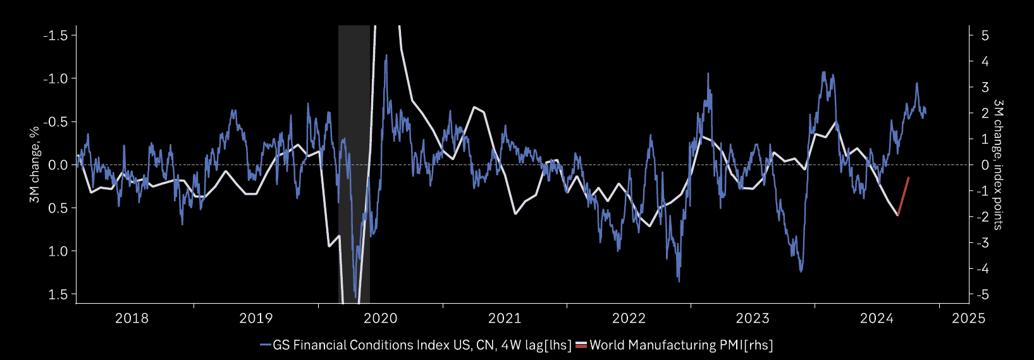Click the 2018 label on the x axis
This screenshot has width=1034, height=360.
132,318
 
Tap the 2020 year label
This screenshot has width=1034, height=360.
380,318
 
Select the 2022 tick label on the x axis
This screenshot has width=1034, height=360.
629,318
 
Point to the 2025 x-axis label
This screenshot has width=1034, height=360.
968,318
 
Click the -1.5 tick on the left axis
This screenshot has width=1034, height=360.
56,35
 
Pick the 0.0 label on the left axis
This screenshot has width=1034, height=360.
59,165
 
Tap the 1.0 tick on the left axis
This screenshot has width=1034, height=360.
59,251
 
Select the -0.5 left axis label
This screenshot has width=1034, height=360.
56,122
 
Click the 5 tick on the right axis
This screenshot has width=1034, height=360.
985,35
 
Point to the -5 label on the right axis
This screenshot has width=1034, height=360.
982,295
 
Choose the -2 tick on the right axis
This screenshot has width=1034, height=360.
982,217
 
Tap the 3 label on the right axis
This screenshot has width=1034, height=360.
985,87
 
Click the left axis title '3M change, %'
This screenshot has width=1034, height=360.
35,164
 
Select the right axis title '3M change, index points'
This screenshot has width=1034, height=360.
998,164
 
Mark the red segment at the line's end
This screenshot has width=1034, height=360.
903,197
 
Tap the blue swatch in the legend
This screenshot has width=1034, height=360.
266,345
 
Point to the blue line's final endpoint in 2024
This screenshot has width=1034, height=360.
925,111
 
